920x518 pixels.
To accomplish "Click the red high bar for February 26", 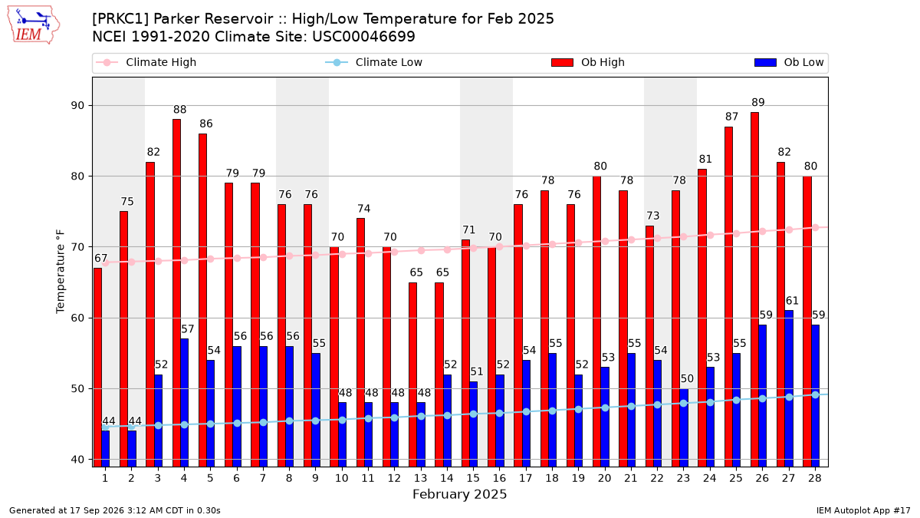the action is (x=754, y=289).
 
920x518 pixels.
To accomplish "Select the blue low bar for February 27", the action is (x=789, y=388).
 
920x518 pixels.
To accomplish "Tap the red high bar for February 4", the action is (x=176, y=293).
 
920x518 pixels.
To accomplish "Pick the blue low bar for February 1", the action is (x=106, y=448).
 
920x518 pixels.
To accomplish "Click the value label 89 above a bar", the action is (x=757, y=102).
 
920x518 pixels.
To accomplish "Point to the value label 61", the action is (x=792, y=301).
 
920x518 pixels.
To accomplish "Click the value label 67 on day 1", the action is (x=100, y=258).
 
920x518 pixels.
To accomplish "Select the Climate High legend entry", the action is (x=146, y=62).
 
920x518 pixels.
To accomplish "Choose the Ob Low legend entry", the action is (x=789, y=62).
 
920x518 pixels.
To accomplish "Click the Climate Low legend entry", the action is (x=374, y=62).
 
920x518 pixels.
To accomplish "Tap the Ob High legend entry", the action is (x=588, y=62).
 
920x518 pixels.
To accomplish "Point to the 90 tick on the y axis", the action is (x=77, y=106).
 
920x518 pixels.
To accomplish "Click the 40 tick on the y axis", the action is (x=77, y=460).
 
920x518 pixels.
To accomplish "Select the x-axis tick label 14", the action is (x=447, y=479).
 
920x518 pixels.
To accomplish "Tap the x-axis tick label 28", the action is (x=815, y=479).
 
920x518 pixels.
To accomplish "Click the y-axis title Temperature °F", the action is (x=61, y=272).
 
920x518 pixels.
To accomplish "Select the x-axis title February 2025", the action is (x=459, y=494).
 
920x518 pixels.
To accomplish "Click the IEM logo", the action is (x=34, y=25).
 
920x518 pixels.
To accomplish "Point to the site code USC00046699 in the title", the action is (x=363, y=37).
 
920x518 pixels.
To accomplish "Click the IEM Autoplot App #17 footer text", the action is (x=863, y=510).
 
